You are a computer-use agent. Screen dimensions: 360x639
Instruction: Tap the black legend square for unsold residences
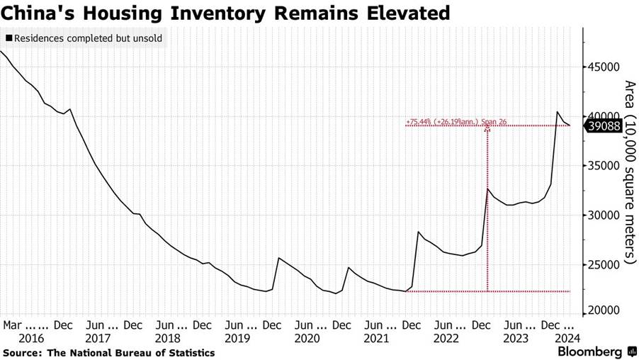click(x=8, y=38)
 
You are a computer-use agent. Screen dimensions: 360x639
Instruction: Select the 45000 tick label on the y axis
click(x=602, y=67)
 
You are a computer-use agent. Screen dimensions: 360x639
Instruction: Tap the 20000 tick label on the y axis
click(x=602, y=312)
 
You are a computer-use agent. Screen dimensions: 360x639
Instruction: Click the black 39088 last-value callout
click(x=603, y=126)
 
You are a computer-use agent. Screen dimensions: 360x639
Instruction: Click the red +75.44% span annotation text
click(x=446, y=121)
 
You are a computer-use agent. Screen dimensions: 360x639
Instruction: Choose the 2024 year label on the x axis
click(x=568, y=339)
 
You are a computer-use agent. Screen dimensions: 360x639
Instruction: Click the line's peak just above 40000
click(x=558, y=112)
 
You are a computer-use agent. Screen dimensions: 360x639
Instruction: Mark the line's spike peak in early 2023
click(x=487, y=189)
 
